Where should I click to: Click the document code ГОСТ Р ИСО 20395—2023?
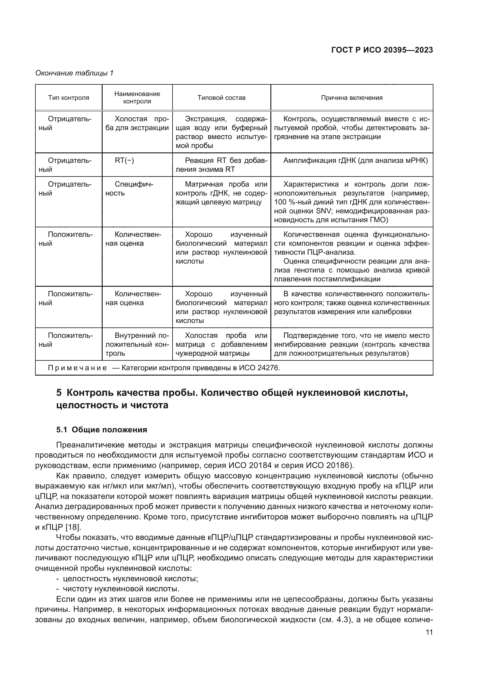(x=382, y=50)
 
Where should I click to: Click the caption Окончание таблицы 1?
(x=74, y=73)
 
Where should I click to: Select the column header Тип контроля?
(x=68, y=98)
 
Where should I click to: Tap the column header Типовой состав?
(x=222, y=98)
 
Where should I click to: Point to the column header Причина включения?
(x=351, y=98)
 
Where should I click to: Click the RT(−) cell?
(x=124, y=160)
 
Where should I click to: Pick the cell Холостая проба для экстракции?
(x=137, y=124)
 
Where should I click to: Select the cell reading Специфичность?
(x=130, y=189)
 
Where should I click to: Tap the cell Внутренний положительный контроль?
(x=137, y=344)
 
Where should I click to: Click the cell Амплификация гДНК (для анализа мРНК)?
(x=355, y=160)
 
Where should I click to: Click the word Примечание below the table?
(x=77, y=368)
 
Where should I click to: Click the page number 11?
(x=429, y=632)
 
